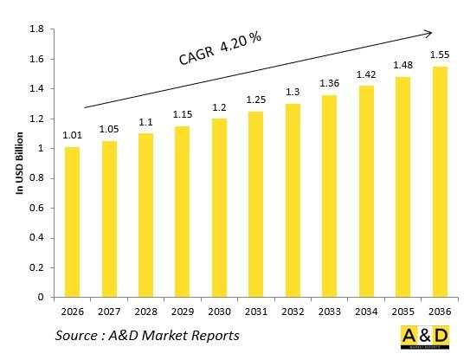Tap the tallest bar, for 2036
441,182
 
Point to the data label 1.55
441,55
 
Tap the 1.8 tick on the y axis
37,29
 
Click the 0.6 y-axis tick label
37,208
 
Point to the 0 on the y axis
41,297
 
